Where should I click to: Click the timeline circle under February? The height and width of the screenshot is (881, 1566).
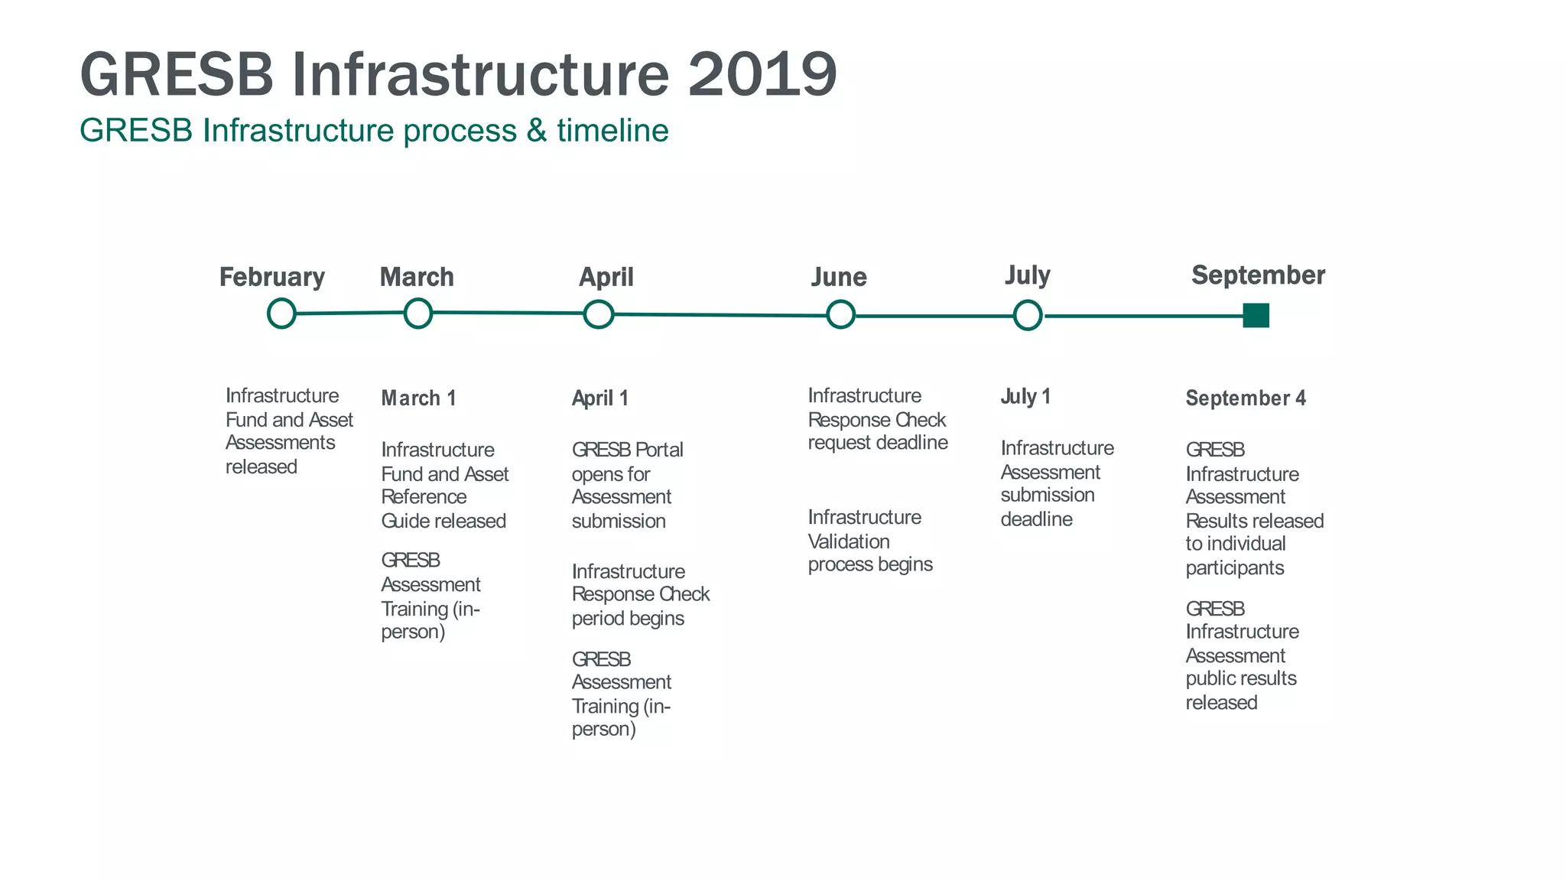click(281, 314)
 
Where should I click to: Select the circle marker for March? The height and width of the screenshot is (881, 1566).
click(417, 313)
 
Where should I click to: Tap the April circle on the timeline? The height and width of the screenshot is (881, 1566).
click(599, 314)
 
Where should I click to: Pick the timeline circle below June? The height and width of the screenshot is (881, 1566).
click(840, 315)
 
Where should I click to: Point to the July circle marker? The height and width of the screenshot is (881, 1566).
click(1028, 315)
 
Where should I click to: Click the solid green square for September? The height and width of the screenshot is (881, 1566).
click(1256, 315)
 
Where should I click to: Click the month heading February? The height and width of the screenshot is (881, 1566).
click(272, 277)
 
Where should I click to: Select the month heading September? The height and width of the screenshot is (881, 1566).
click(1258, 275)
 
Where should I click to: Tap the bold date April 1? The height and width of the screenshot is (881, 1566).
click(600, 398)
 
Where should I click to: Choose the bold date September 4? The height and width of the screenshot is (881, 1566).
click(1246, 398)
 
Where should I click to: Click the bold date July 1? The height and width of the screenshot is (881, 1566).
click(1025, 397)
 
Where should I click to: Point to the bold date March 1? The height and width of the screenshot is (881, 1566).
click(418, 398)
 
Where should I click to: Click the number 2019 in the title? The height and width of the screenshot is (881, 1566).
click(762, 75)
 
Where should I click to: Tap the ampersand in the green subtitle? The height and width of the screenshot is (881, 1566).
click(536, 131)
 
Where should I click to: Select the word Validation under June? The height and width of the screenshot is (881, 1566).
click(849, 541)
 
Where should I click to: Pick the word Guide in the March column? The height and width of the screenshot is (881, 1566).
click(400, 521)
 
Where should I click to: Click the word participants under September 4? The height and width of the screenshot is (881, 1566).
click(1234, 568)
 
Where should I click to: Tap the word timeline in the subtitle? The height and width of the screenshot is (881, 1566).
click(612, 131)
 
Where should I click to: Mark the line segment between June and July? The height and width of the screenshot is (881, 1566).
click(934, 316)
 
